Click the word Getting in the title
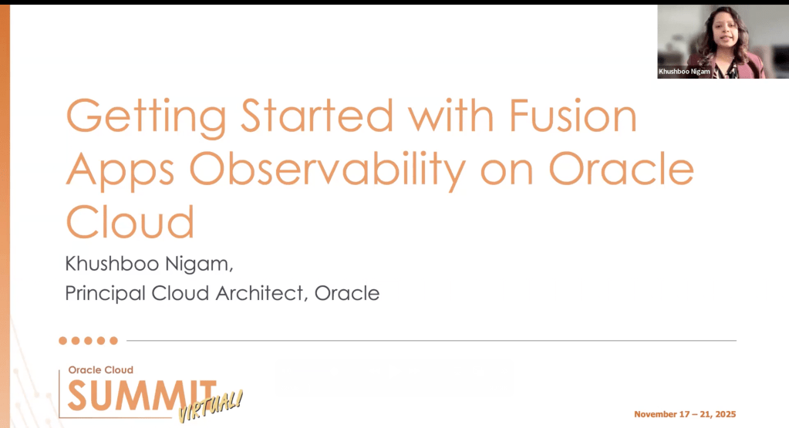[147, 118]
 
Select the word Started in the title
[316, 115]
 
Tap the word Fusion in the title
[573, 115]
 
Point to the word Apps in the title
[120, 171]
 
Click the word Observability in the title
[327, 171]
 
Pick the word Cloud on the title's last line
[130, 221]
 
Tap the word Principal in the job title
[105, 294]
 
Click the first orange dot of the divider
[63, 341]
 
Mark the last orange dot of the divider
[113, 341]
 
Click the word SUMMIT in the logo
[142, 396]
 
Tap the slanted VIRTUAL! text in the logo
[211, 406]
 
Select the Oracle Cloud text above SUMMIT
[100, 370]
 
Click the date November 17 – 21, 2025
[685, 414]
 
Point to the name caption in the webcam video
[684, 72]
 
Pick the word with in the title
[451, 115]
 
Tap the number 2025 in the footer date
[726, 414]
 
